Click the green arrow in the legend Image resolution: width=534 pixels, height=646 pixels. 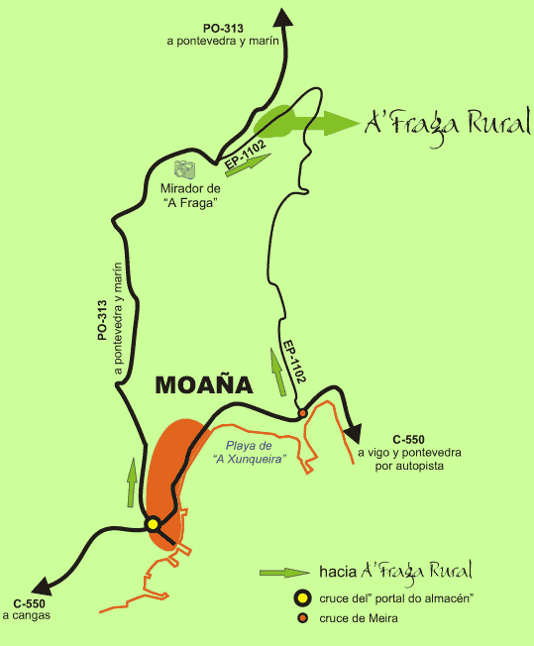[285, 573]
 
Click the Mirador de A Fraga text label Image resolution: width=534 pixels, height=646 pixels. [188, 194]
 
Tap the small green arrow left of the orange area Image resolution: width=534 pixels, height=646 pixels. [131, 483]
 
